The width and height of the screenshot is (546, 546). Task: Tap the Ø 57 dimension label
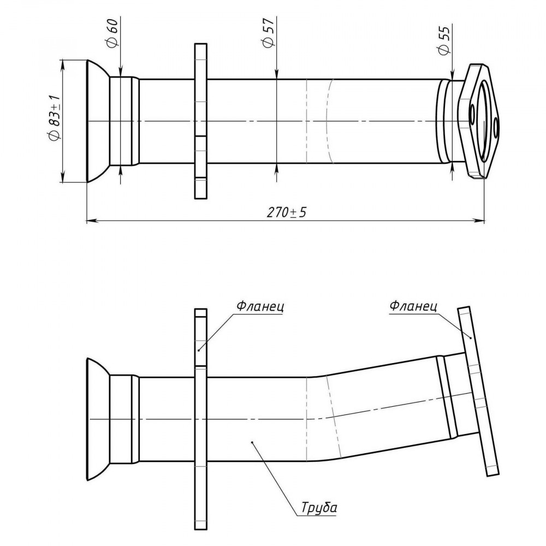[x=268, y=32]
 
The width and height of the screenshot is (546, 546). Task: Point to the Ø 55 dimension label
[x=444, y=40]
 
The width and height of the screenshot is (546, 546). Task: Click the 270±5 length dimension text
[x=287, y=212]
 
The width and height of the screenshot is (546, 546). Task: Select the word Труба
[x=319, y=507]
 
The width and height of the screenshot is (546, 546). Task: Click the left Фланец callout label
[x=260, y=306]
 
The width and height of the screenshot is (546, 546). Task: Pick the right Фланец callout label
[x=413, y=306]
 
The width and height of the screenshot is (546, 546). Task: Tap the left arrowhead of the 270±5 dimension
[x=91, y=221]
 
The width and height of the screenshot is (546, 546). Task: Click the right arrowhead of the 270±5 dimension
[x=479, y=221]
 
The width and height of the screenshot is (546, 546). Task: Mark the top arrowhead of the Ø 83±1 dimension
[x=63, y=65]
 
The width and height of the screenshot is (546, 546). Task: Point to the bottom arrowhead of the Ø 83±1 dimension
[x=63, y=176]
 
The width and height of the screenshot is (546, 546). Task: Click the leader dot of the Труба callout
[x=251, y=443]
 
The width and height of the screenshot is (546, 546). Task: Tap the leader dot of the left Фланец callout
[x=199, y=350]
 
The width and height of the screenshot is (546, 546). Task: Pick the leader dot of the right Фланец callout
[x=471, y=337]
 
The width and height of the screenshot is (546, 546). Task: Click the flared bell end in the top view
[x=98, y=121]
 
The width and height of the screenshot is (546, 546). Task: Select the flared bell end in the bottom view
[x=98, y=419]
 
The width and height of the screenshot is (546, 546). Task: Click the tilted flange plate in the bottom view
[x=479, y=391]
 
